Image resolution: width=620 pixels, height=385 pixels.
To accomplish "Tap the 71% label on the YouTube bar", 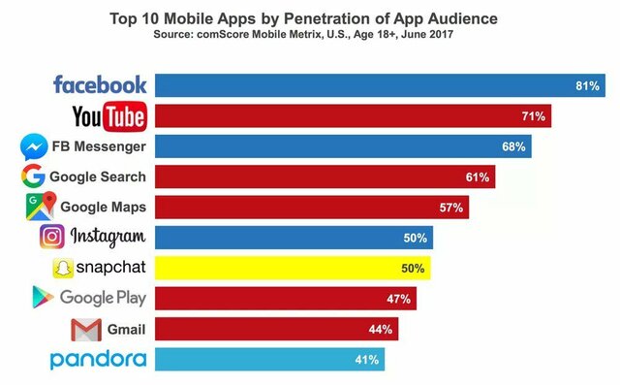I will [534, 116].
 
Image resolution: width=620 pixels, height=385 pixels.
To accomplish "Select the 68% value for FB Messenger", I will [513, 147].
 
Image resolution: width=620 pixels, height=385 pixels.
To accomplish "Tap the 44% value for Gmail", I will [380, 330].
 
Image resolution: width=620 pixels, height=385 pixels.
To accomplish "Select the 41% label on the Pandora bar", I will [366, 360].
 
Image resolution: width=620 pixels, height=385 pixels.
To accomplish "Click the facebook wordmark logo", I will [101, 85].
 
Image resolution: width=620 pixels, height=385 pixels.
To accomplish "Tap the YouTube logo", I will [109, 116].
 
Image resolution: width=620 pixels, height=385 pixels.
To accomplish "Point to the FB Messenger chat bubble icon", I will [34, 147].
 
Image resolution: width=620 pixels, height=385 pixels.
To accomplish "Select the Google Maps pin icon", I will [39, 207].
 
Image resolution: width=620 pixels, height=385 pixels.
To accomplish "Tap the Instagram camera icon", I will [52, 237].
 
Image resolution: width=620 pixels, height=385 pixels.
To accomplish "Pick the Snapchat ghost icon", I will [64, 268].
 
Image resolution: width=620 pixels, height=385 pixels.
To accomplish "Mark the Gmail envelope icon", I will [85, 329].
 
